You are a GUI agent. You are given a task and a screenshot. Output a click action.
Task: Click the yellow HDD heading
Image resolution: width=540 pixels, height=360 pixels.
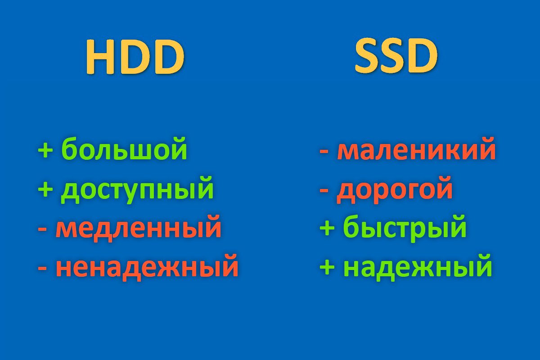click(x=135, y=57)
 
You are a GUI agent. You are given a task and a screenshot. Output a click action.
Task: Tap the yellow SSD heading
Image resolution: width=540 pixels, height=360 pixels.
click(x=396, y=56)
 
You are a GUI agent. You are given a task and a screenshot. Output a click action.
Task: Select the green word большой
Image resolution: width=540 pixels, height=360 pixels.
click(x=124, y=148)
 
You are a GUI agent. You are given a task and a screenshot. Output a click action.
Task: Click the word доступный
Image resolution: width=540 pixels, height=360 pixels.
click(x=137, y=190)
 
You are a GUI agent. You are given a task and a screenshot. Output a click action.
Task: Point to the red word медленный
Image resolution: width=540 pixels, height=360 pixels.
click(x=139, y=228)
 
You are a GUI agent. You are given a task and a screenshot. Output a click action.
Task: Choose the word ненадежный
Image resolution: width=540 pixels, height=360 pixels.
click(x=147, y=267)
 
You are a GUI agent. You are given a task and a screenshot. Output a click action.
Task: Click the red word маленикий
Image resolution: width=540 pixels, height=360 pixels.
click(x=416, y=148)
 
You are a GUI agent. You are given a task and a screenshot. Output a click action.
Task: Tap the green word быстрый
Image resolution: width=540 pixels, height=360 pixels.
click(x=405, y=228)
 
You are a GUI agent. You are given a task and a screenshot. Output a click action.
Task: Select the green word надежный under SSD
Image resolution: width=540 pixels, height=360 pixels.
click(x=418, y=267)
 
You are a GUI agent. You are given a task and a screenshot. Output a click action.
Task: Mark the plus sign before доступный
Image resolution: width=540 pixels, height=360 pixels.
click(x=45, y=189)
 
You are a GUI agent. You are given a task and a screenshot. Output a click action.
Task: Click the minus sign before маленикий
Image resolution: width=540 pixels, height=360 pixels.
click(x=324, y=152)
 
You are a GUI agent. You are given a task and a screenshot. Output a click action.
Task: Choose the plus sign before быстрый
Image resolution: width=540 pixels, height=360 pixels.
click(x=327, y=228)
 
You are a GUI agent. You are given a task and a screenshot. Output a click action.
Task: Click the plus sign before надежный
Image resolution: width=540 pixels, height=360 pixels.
click(x=327, y=267)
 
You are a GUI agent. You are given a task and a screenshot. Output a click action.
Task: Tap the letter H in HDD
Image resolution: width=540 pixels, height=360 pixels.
click(x=100, y=57)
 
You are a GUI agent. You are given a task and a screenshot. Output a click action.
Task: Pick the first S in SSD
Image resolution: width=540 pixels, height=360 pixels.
click(x=368, y=56)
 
